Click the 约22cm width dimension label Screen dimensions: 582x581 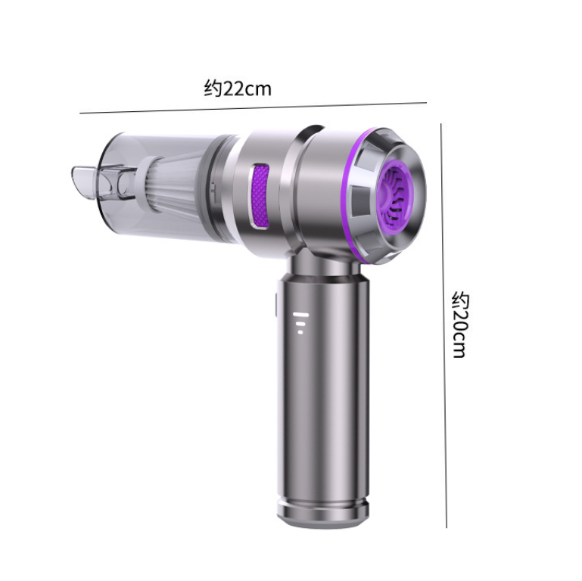238,89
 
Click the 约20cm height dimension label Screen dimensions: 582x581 461,325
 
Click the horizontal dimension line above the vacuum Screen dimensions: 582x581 253,107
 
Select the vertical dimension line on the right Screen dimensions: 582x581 444,325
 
